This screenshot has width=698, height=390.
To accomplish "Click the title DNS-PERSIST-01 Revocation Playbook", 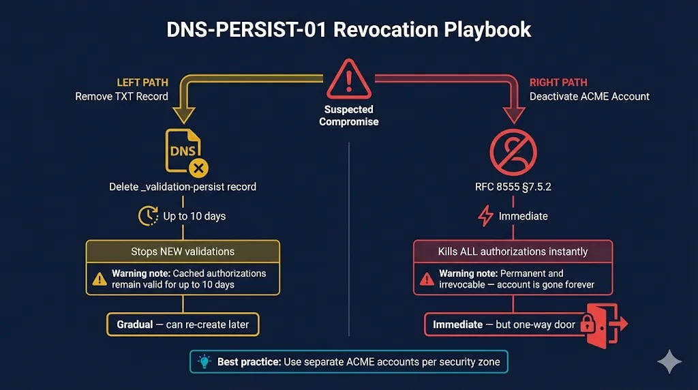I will pyautogui.click(x=349, y=30).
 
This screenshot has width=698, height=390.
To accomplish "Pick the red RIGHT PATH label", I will pyautogui.click(x=558, y=82).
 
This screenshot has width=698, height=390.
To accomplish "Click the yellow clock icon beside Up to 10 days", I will pyautogui.click(x=148, y=216).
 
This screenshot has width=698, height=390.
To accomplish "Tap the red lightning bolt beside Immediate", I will pyautogui.click(x=485, y=216).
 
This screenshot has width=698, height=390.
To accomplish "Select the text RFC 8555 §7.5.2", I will pyautogui.click(x=513, y=186).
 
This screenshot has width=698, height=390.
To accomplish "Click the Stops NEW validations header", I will pyautogui.click(x=183, y=252).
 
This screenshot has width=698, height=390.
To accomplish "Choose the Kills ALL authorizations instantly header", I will pyautogui.click(x=513, y=252).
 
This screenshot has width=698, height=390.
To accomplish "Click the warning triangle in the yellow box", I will pyautogui.click(x=100, y=278).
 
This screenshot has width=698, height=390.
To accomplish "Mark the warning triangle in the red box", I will pyautogui.click(x=427, y=278).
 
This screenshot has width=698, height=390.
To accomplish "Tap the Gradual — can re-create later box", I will pyautogui.click(x=183, y=325).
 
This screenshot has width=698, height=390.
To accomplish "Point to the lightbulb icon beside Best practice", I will pyautogui.click(x=203, y=361).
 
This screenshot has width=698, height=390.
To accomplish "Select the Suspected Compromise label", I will pyautogui.click(x=349, y=115).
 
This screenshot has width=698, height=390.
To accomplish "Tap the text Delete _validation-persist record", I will pyautogui.click(x=183, y=186).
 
